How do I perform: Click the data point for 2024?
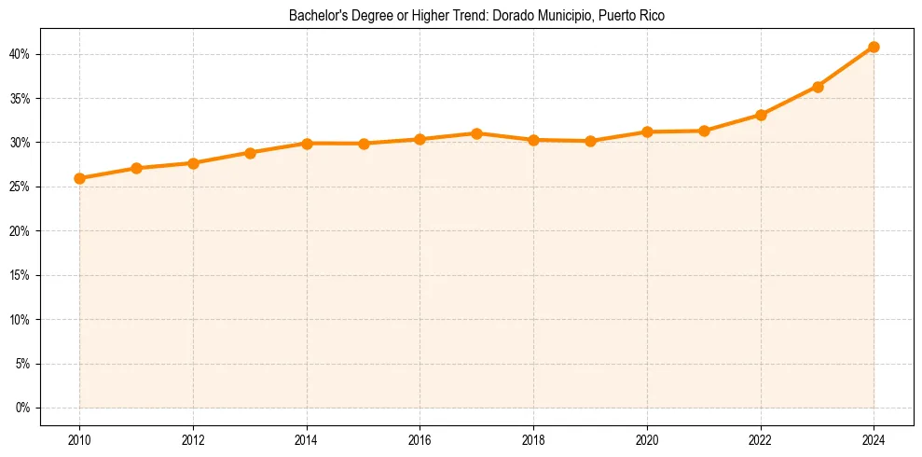click(874, 47)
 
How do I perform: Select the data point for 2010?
click(79, 178)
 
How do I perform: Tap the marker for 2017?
click(476, 133)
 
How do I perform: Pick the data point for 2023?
click(818, 87)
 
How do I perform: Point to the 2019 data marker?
click(590, 141)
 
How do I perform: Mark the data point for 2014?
click(307, 143)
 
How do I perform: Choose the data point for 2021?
click(704, 131)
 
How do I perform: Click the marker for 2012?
click(193, 163)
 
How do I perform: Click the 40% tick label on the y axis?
click(21, 54)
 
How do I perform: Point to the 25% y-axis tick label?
click(21, 187)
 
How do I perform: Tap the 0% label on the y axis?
click(23, 408)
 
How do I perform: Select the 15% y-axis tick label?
click(21, 275)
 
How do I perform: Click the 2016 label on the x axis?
click(420, 440)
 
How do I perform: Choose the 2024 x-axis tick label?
click(874, 440)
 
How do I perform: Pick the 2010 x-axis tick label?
click(79, 440)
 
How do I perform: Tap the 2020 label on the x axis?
click(647, 440)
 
